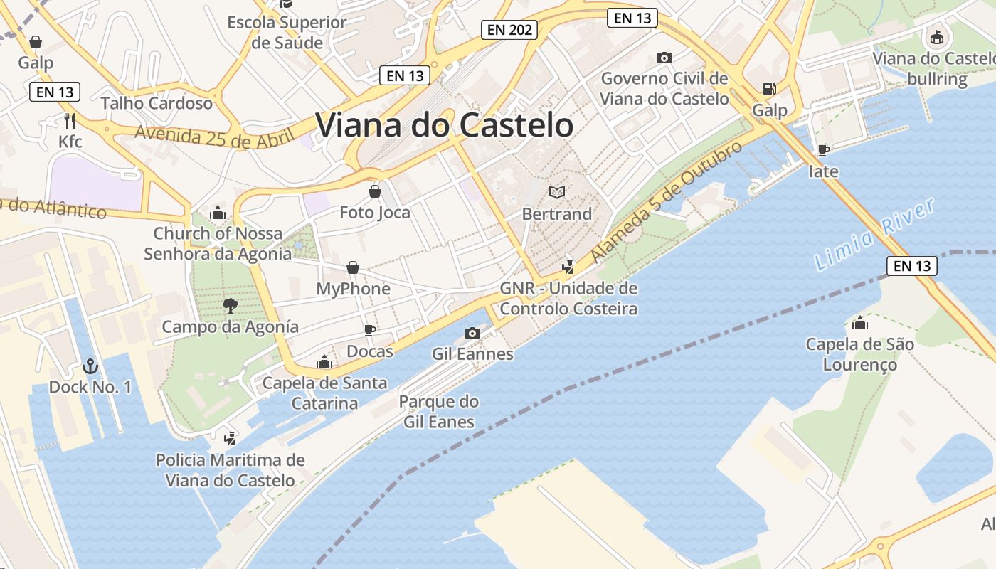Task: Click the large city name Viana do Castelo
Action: [445, 125]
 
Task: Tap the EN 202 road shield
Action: [509, 30]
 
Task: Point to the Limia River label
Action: [874, 235]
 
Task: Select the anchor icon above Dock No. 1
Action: [90, 366]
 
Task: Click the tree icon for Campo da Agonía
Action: [230, 306]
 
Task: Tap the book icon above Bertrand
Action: [557, 192]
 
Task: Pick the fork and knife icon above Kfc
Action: [70, 120]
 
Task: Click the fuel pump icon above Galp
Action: [769, 89]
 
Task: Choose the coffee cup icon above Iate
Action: [823, 150]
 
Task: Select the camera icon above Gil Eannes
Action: [472, 333]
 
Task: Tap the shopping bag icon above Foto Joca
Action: [375, 191]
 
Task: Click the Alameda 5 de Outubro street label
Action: [666, 201]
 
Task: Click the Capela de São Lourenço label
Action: [859, 354]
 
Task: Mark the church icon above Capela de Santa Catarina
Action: [324, 362]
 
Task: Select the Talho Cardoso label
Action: [157, 103]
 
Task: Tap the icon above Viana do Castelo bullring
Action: [937, 37]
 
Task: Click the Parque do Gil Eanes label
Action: [438, 412]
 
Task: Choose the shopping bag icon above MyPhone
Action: [353, 267]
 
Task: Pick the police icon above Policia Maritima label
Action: [230, 438]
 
